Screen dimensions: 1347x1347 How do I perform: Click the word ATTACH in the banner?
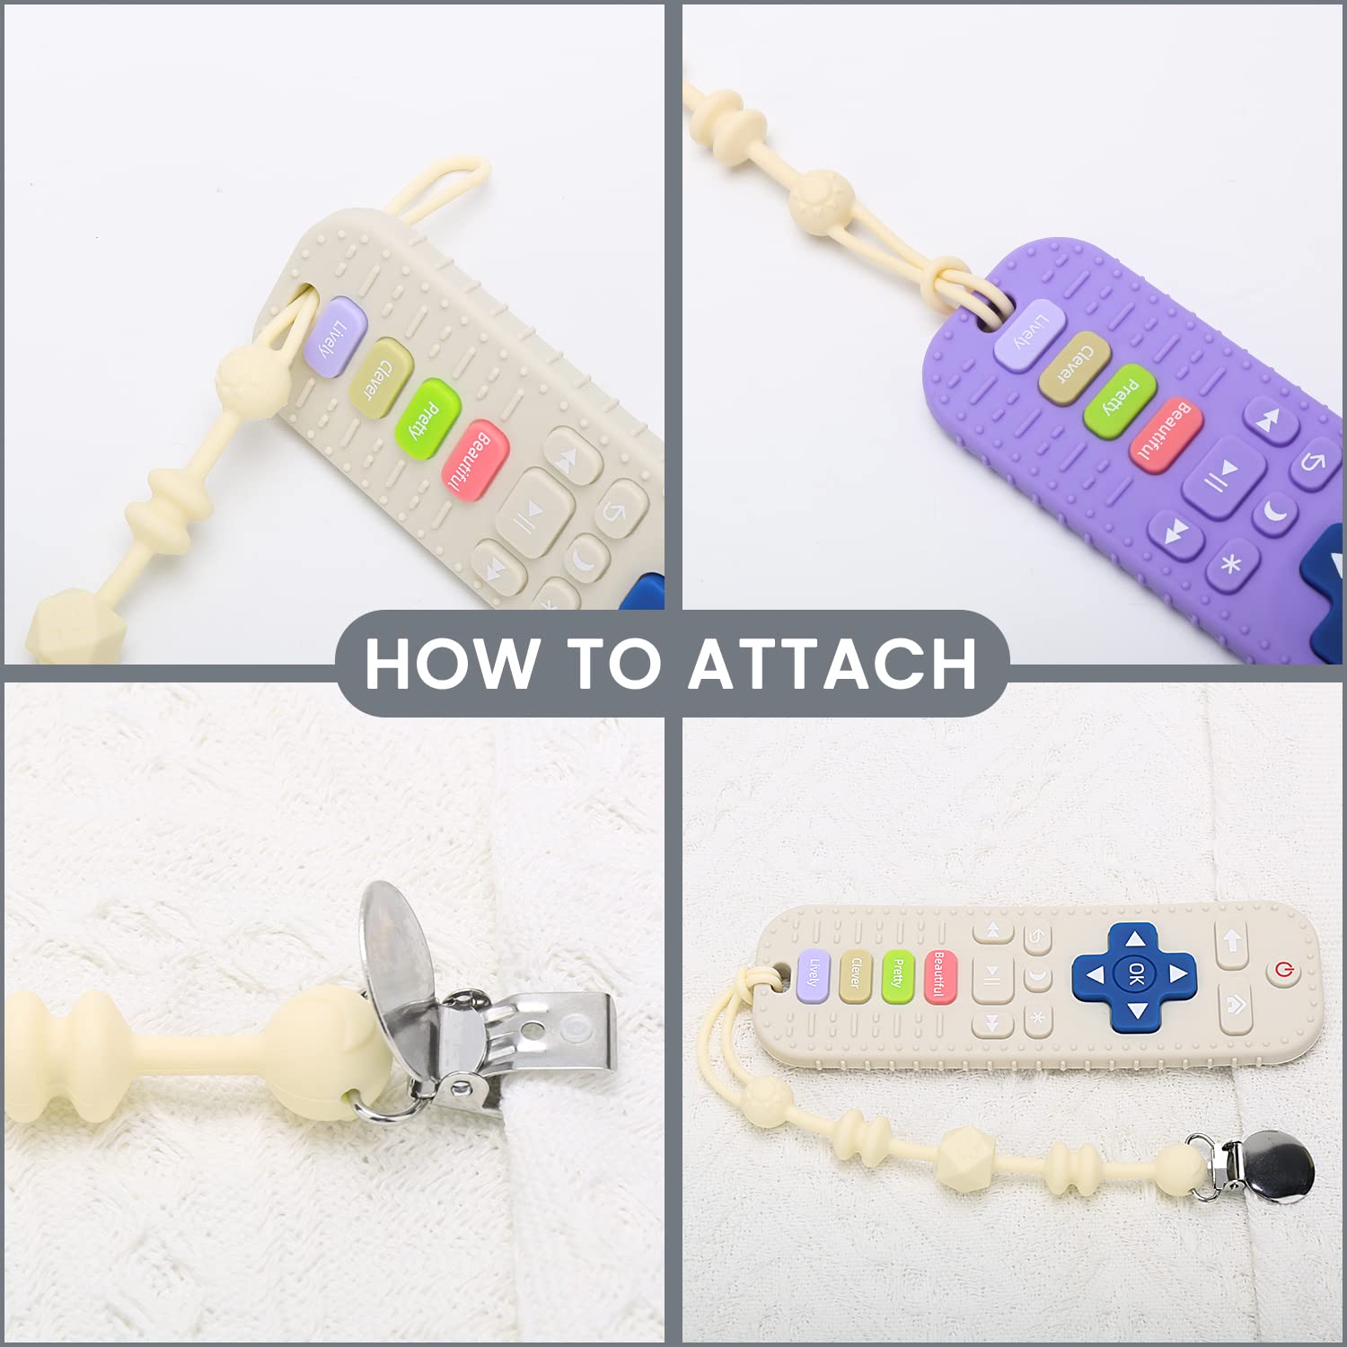833,663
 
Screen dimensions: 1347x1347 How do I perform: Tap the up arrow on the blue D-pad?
1136,939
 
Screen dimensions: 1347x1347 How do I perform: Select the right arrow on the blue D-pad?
1176,973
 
